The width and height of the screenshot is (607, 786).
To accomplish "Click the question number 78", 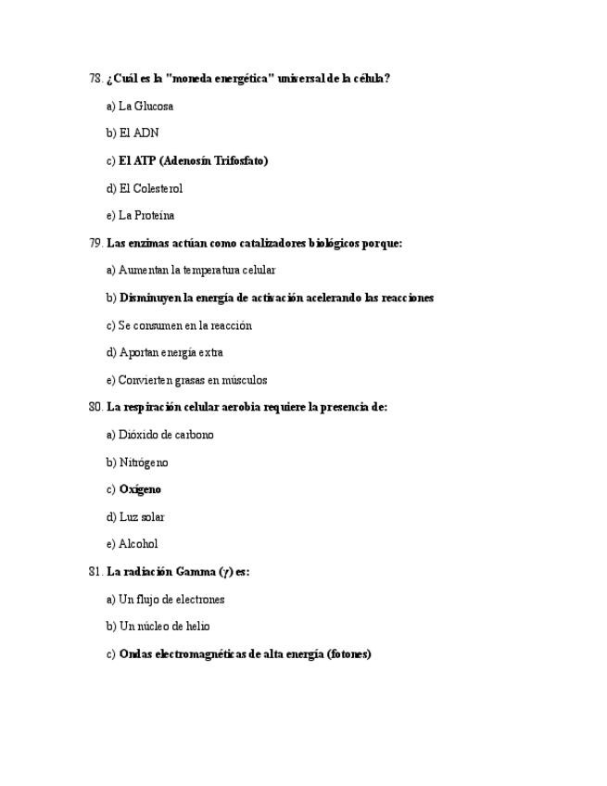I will click(95, 79).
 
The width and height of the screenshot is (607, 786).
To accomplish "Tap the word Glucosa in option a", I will click(154, 106).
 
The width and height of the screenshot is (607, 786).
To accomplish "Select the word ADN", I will click(146, 133).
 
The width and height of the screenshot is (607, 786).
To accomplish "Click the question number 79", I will click(95, 243).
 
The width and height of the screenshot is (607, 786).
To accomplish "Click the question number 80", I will click(95, 407).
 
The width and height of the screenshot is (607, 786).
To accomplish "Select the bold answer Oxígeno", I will click(140, 489).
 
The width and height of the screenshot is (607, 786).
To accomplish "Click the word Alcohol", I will click(138, 544).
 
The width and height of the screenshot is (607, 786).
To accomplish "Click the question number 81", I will click(95, 572).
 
